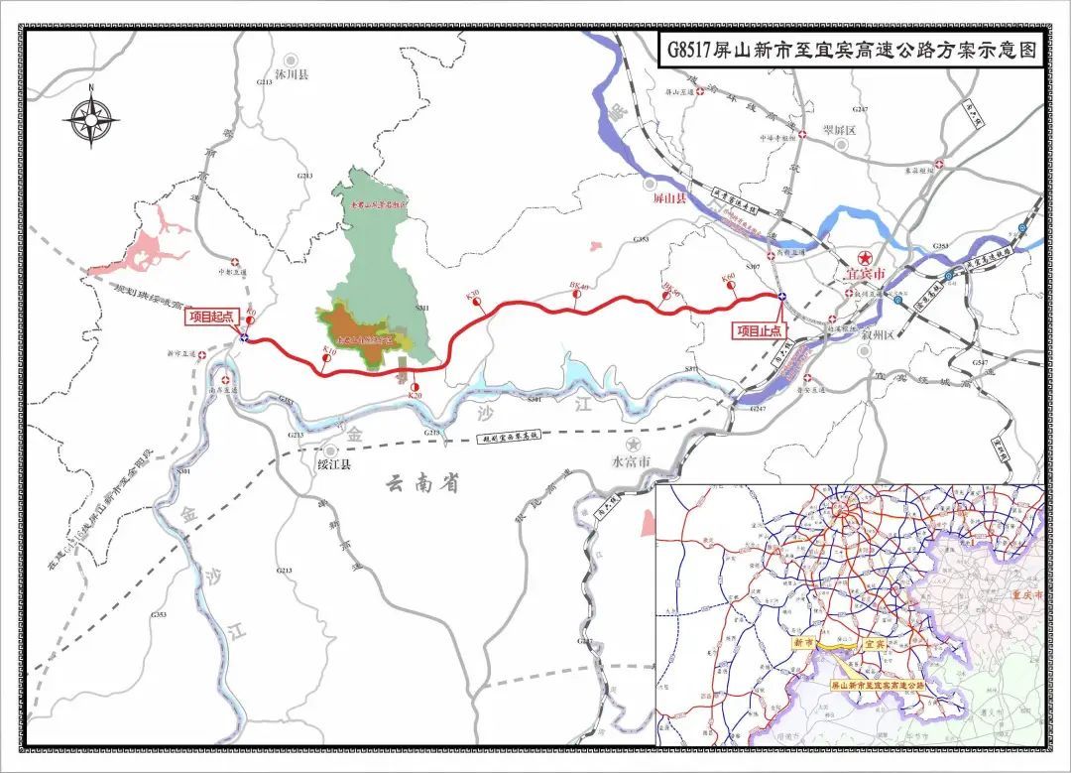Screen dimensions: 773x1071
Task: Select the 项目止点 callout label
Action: [x=758, y=331]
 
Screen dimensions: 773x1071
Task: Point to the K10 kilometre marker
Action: [x=329, y=349]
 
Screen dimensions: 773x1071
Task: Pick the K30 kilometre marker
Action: [x=474, y=298]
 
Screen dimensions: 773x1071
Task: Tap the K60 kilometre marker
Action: [x=730, y=285]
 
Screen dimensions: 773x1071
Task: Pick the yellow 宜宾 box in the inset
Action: [x=874, y=643]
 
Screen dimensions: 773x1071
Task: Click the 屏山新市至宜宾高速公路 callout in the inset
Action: [x=876, y=685]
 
